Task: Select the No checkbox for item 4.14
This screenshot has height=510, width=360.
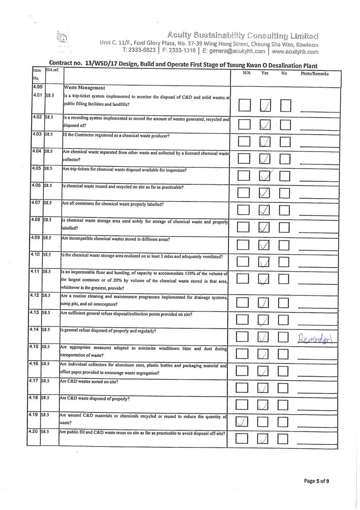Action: point(286,337)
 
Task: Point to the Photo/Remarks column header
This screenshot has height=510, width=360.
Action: point(314,73)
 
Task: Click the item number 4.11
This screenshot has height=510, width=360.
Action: point(38,272)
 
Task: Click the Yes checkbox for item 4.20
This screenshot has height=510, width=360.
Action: point(265,439)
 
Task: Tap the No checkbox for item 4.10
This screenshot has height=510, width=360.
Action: point(286,262)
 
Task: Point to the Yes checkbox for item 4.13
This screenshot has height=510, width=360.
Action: point(265,321)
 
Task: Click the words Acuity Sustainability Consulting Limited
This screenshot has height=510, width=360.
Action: point(243,35)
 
